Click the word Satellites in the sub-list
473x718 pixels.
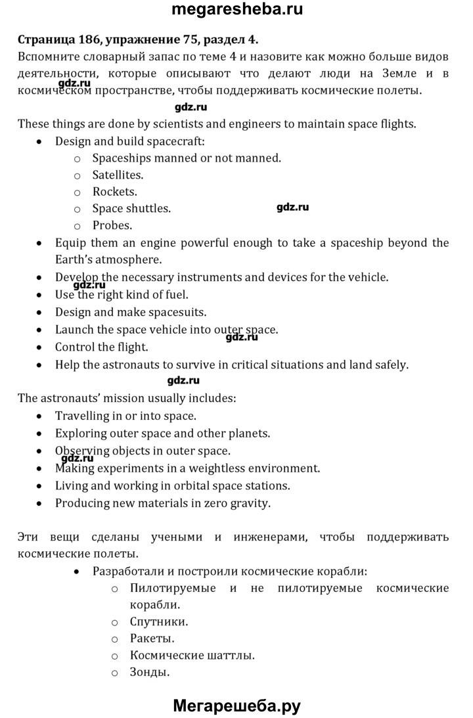pos(118,175)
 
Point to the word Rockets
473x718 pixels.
pos(114,192)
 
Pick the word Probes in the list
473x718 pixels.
pos(112,225)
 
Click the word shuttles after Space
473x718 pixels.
pos(148,209)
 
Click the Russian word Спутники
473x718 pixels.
pos(159,621)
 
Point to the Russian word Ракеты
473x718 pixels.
pos(152,638)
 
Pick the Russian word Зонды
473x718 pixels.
pos(150,672)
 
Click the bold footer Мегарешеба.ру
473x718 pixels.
pos(236,706)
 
